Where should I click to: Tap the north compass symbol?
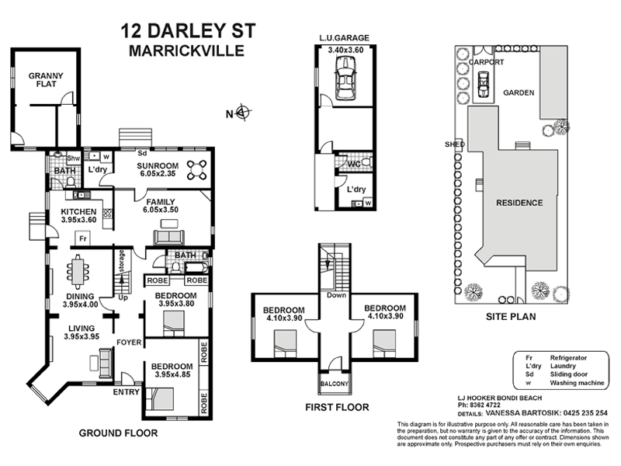pos(243,113)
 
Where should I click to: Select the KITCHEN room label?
pos(78,211)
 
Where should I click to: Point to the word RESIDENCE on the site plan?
pos(519,203)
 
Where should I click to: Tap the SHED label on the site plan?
pos(455,144)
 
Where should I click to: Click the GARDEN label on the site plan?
pos(519,92)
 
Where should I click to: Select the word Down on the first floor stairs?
pos(336,295)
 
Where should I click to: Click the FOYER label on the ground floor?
pos(127,341)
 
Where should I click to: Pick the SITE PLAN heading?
pos(510,317)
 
